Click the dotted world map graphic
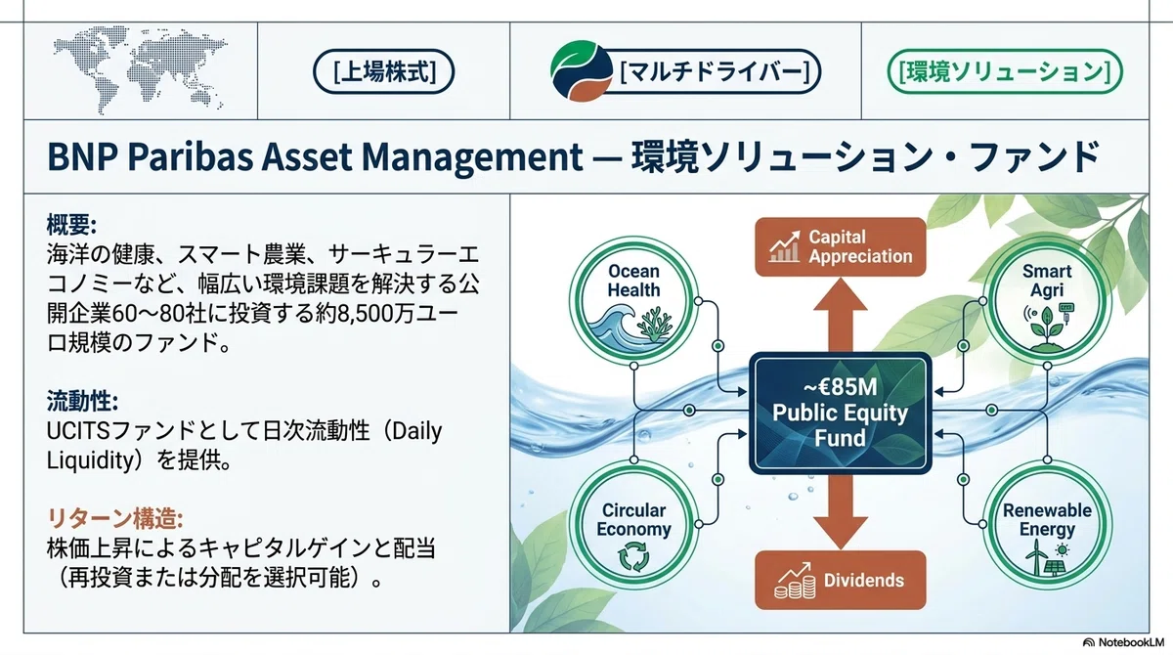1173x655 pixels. click(x=140, y=69)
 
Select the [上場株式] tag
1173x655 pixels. click(x=384, y=71)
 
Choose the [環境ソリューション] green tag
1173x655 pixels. click(x=1005, y=71)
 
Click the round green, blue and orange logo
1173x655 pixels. click(x=582, y=70)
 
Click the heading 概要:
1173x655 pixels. click(x=71, y=225)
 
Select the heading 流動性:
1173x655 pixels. click(x=82, y=402)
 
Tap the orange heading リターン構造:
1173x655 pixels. click(x=114, y=519)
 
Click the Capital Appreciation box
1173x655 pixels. click(x=841, y=247)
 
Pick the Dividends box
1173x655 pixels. click(x=841, y=580)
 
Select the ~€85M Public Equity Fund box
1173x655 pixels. click(x=841, y=414)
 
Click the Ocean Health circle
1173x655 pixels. click(x=633, y=300)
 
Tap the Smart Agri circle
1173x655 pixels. click(x=1047, y=300)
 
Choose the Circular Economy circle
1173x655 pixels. click(x=633, y=525)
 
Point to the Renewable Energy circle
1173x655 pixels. click(x=1047, y=525)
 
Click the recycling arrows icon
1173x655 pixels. click(x=633, y=556)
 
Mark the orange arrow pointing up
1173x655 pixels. click(x=841, y=314)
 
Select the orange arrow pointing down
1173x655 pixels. click(x=841, y=512)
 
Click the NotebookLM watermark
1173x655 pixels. click(x=1124, y=642)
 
